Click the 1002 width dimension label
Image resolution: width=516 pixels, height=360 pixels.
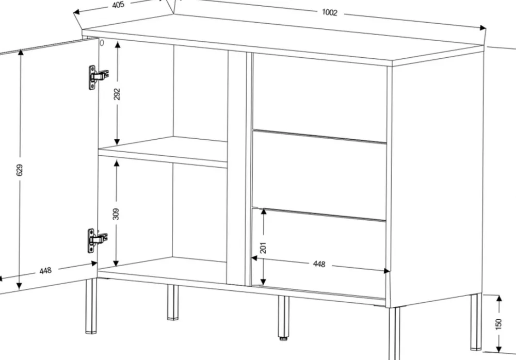pos(329,12)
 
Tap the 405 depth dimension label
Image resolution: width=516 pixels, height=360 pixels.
pos(118,5)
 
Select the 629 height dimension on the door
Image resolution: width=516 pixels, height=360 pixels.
pos(20,170)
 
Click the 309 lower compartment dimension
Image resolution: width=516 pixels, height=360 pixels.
pos(116,214)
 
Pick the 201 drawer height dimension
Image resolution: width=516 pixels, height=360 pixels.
pos(263,248)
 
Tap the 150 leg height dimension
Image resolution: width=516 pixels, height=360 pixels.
pos(499,324)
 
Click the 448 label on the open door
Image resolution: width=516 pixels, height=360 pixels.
pos(45,270)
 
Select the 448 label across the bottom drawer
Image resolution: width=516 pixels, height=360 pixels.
pos(319,264)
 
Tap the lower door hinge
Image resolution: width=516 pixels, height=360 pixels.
pos(97,240)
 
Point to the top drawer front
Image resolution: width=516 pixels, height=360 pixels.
pos(319,97)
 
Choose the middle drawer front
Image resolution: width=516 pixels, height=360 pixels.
pos(319,174)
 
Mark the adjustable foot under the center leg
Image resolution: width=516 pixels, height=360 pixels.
pos(283,338)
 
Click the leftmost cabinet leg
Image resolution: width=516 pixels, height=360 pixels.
pos(91,306)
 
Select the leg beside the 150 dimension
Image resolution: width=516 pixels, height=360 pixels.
pos(476,321)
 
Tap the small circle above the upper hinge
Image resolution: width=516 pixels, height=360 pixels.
pos(102,43)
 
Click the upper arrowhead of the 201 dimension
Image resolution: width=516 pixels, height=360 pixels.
pos(264,211)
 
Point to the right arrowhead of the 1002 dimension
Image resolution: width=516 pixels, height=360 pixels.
pos(482,28)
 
